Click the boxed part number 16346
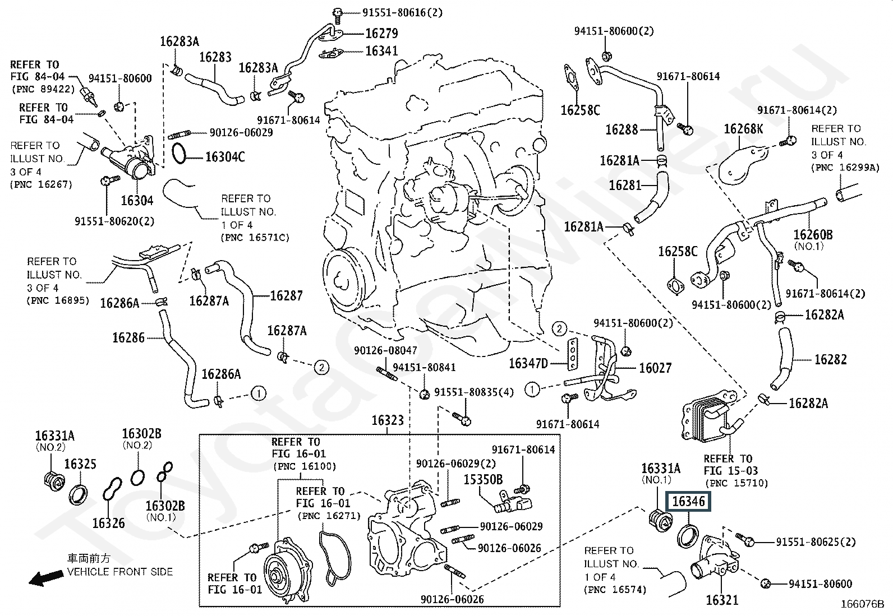pyautogui.click(x=688, y=501)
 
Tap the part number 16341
pyautogui.click(x=382, y=51)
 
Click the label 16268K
pyautogui.click(x=743, y=129)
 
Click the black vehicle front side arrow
pyautogui.click(x=46, y=578)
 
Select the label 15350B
pyautogui.click(x=482, y=480)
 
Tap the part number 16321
pyautogui.click(x=722, y=600)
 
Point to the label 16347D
pyautogui.click(x=528, y=363)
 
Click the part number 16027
pyautogui.click(x=655, y=368)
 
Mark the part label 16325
pyautogui.click(x=80, y=464)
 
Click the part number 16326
pyautogui.click(x=109, y=523)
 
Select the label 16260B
pyautogui.click(x=813, y=234)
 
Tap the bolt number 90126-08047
pyautogui.click(x=385, y=350)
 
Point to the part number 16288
pyautogui.click(x=622, y=129)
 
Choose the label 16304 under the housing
pyautogui.click(x=137, y=200)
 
